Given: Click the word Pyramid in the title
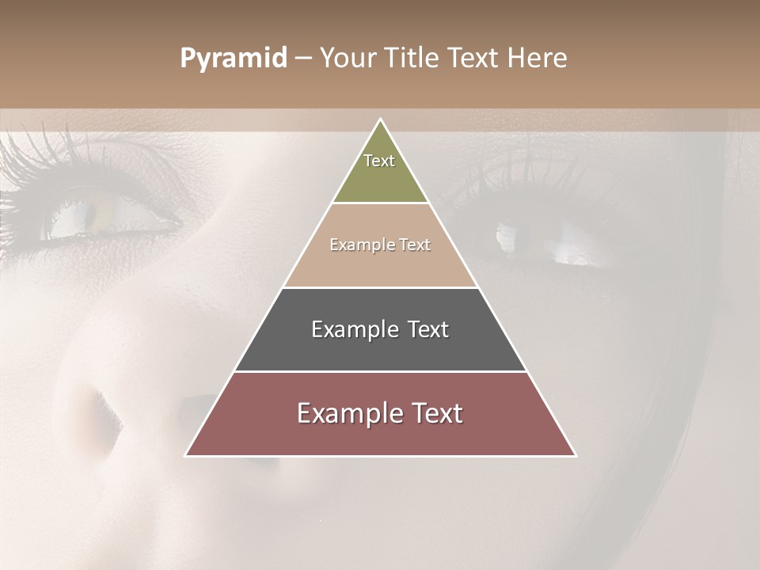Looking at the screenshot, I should [234, 59].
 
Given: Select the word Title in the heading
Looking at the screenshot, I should [413, 59].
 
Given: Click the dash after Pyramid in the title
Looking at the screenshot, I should [303, 59].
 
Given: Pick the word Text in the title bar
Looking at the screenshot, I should [474, 59].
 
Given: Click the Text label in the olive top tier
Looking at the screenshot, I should [379, 161].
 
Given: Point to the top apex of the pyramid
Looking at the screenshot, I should [381, 120].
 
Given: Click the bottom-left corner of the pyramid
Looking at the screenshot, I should [187, 455].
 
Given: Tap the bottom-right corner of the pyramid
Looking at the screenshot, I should [575, 455].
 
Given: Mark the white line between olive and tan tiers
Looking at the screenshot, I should [381, 203].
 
